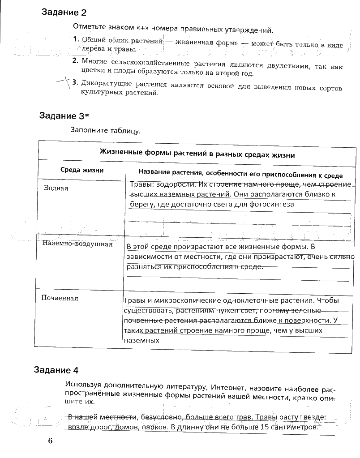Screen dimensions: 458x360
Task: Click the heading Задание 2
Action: tap(64, 13)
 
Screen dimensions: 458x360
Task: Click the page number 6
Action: tap(50, 441)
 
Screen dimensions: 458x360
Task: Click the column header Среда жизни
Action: tap(82, 170)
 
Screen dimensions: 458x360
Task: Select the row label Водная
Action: tap(56, 188)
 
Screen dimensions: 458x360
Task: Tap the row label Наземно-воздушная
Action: tap(77, 244)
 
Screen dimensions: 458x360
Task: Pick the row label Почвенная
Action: tap(60, 298)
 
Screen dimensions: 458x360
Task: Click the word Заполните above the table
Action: tap(88, 131)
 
